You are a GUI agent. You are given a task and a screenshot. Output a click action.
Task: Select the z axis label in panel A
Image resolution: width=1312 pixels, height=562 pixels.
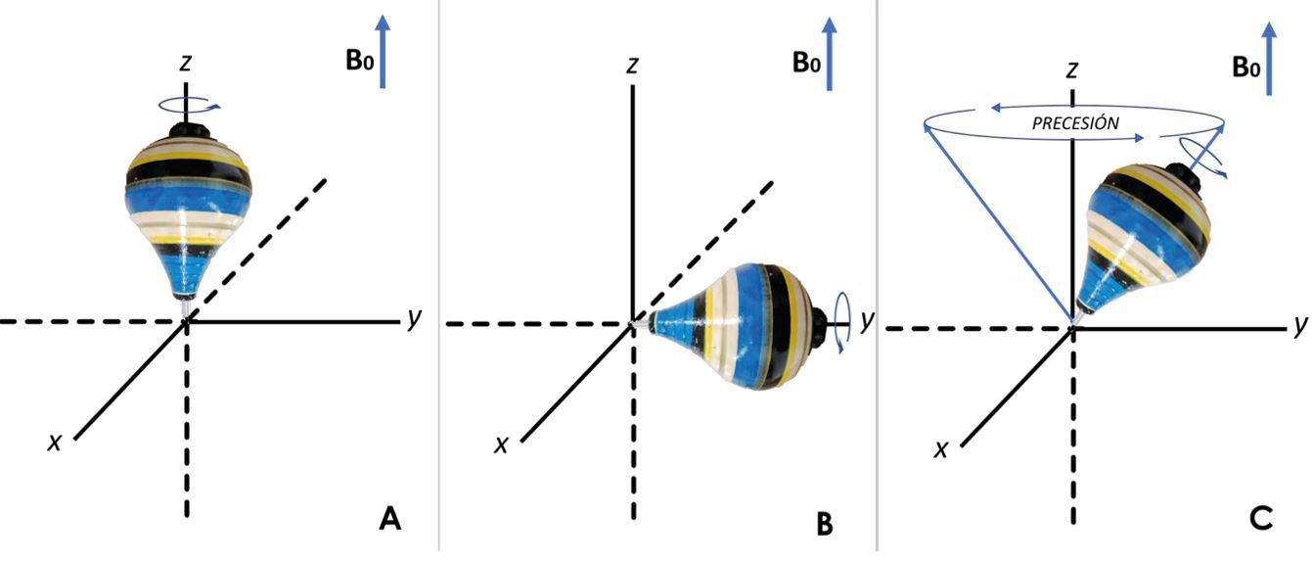click(x=185, y=64)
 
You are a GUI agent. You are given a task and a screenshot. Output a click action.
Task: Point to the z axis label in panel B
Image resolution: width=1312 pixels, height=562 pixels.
click(x=634, y=65)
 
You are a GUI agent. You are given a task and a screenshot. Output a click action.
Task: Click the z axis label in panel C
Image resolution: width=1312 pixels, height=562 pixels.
click(x=1073, y=70)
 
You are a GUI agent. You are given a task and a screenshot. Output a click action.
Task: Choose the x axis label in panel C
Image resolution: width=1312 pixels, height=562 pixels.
click(x=942, y=448)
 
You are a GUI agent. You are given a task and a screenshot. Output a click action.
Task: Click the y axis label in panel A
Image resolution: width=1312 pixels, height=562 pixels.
click(x=415, y=318)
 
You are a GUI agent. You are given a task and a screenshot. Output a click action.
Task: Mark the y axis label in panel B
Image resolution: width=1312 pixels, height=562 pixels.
click(x=867, y=319)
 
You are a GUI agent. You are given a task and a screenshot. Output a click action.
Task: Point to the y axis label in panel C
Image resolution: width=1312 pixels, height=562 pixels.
click(x=1299, y=324)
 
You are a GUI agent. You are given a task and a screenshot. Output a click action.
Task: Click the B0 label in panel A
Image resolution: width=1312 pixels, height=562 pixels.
click(x=359, y=61)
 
